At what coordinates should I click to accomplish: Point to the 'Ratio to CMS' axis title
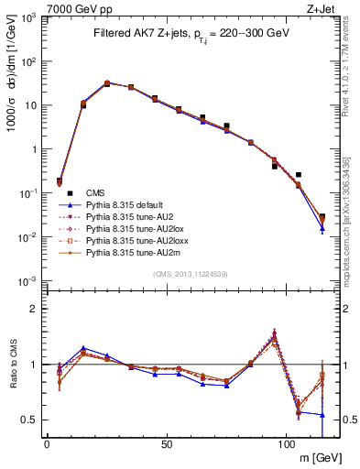pos(12,365)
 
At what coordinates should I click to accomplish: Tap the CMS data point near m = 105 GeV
pos(299,174)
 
